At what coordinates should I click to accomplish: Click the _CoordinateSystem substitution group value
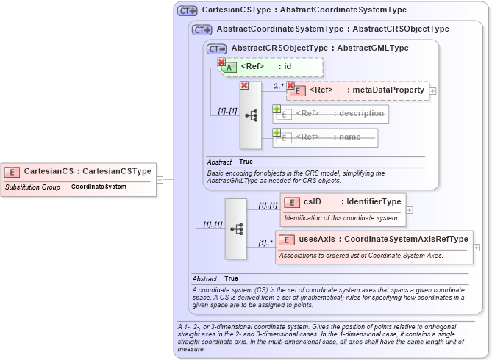point(97,187)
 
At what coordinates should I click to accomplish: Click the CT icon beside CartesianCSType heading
point(188,11)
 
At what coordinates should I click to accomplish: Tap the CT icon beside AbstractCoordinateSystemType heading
point(202,29)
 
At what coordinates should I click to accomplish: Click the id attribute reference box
point(269,67)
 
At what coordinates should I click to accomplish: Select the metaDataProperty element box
point(358,90)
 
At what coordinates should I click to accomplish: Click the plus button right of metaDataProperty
point(433,90)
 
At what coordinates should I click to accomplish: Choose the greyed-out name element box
point(327,137)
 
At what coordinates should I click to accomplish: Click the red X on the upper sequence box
point(244,85)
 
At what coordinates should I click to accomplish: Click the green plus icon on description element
point(277,109)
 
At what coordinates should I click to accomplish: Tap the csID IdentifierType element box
point(343,201)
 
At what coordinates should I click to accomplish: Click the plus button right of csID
point(410,209)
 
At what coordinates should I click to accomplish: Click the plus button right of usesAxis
point(477,248)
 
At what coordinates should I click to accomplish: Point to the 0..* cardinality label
point(278,86)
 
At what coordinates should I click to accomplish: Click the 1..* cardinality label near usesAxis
point(265,243)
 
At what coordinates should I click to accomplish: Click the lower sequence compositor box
point(236,228)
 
